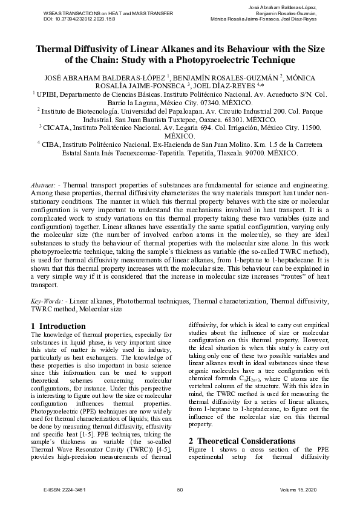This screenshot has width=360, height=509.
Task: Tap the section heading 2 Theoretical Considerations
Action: pyautogui.click(x=240, y=424)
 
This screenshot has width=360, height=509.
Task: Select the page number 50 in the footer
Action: pyautogui.click(x=180, y=488)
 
